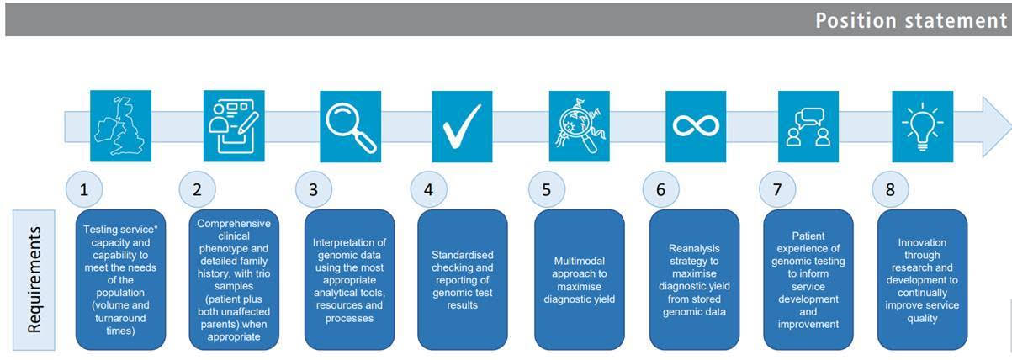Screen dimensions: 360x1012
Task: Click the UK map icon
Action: [120, 125]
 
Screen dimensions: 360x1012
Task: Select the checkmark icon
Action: [462, 125]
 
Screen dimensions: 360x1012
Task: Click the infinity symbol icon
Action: [695, 125]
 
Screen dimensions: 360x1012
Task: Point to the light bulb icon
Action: [922, 125]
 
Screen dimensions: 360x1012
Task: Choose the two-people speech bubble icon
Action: [808, 125]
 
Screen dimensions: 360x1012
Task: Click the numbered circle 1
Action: [83, 189]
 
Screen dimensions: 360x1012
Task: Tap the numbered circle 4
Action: [428, 189]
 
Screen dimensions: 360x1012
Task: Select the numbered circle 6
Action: [660, 189]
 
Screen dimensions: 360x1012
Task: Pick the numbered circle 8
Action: [890, 189]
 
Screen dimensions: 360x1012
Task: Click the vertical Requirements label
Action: [34, 279]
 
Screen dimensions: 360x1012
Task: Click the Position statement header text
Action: [910, 20]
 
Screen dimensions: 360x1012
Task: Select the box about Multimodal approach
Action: [580, 279]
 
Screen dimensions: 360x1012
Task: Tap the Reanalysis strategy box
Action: [694, 279]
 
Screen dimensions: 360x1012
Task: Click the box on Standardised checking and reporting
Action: [462, 279]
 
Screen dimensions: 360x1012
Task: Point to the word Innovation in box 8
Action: [922, 242]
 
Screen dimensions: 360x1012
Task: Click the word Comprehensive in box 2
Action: [234, 223]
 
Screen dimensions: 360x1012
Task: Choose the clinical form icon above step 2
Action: [234, 125]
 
